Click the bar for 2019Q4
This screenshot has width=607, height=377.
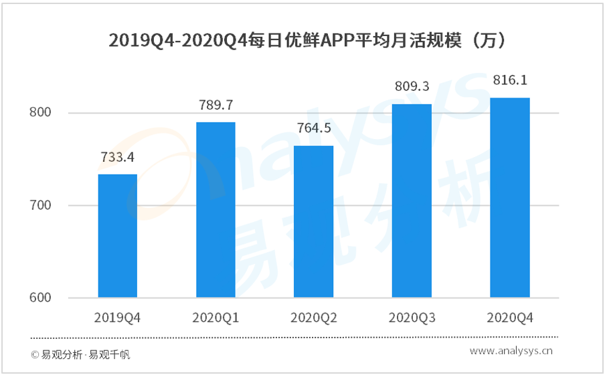pyautogui.click(x=118, y=235)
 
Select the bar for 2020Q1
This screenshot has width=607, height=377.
pyautogui.click(x=215, y=210)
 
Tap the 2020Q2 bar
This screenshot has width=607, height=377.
pyautogui.click(x=313, y=221)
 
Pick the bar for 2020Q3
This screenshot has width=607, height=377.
pyautogui.click(x=412, y=201)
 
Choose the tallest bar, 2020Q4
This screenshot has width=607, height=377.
pyautogui.click(x=510, y=197)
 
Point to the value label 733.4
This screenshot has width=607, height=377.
pyautogui.click(x=118, y=158)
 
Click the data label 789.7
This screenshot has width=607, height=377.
pyautogui.click(x=215, y=106)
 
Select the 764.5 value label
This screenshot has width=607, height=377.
pyautogui.click(x=313, y=129)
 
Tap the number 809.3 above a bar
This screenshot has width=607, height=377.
pyautogui.click(x=412, y=87)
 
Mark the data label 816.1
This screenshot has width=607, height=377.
pyautogui.click(x=510, y=80)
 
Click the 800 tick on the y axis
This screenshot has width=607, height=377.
pyautogui.click(x=41, y=113)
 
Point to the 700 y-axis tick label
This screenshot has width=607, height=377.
pyautogui.click(x=41, y=205)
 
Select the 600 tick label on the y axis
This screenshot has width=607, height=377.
pyautogui.click(x=41, y=297)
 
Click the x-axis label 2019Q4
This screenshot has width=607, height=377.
pyautogui.click(x=118, y=317)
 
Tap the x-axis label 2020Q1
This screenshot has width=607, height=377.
pyautogui.click(x=215, y=317)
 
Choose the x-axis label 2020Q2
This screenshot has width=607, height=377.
pyautogui.click(x=313, y=317)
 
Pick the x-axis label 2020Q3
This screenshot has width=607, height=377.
pyautogui.click(x=412, y=317)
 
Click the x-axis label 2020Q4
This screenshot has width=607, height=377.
pyautogui.click(x=510, y=317)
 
